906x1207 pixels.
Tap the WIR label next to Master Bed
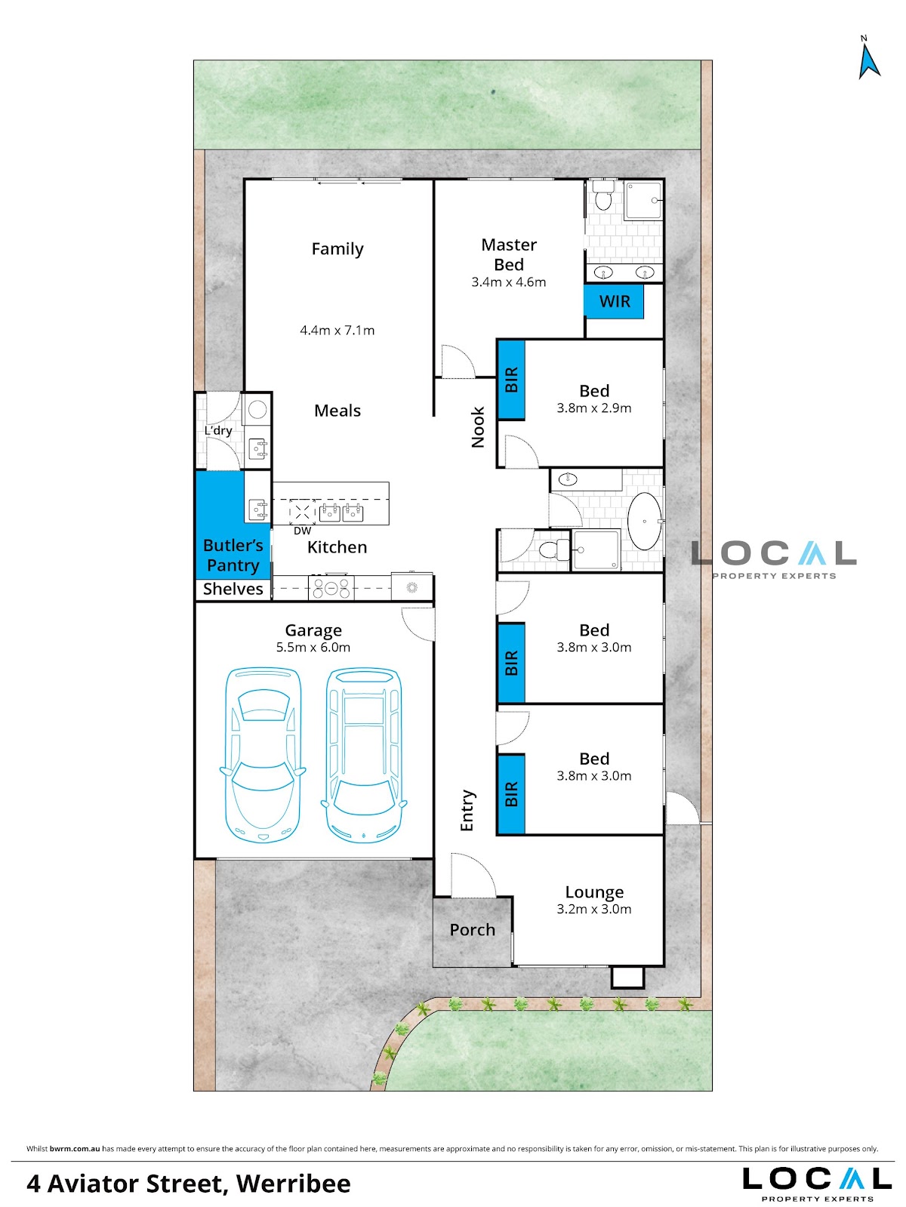pyautogui.click(x=614, y=301)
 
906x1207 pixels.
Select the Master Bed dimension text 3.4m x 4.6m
pyautogui.click(x=509, y=282)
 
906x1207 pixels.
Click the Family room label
pyautogui.click(x=337, y=249)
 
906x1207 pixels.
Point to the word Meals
pyautogui.click(x=337, y=410)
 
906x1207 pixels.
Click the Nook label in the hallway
pyautogui.click(x=478, y=427)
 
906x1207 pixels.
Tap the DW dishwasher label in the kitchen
pyautogui.click(x=302, y=531)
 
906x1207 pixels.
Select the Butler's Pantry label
pyautogui.click(x=233, y=555)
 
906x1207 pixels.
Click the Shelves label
pyautogui.click(x=233, y=589)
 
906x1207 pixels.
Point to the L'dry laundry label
pyautogui.click(x=217, y=430)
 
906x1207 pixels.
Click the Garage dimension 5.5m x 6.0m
pyautogui.click(x=313, y=647)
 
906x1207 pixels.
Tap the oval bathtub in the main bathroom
pyautogui.click(x=644, y=521)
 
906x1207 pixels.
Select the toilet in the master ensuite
pyautogui.click(x=603, y=196)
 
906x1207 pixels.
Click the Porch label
pyautogui.click(x=472, y=929)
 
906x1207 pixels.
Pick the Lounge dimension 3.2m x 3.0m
pyautogui.click(x=593, y=909)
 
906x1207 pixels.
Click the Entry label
pyautogui.click(x=467, y=811)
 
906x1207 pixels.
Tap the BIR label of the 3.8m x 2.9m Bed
pyautogui.click(x=511, y=380)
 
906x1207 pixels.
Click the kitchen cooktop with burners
pyautogui.click(x=331, y=587)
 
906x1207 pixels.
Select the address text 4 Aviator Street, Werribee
pyautogui.click(x=189, y=1184)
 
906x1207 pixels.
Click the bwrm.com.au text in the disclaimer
pyautogui.click(x=75, y=1148)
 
